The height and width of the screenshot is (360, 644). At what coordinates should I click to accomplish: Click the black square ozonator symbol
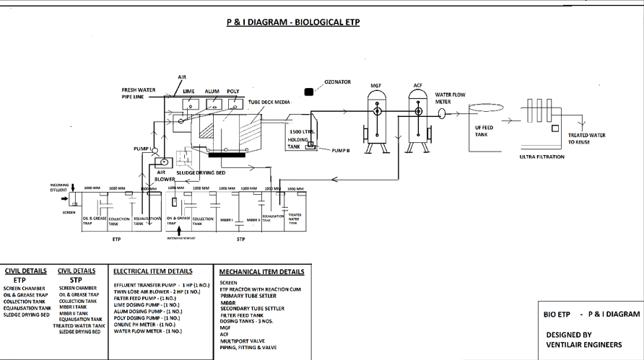click(309, 92)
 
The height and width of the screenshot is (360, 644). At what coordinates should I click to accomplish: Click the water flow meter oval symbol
click(440, 113)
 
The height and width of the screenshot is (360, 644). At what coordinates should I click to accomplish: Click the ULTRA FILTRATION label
click(541, 157)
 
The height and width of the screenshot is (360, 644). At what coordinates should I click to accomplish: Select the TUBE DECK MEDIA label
click(269, 102)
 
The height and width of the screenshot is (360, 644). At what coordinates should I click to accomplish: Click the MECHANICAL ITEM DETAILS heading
click(261, 272)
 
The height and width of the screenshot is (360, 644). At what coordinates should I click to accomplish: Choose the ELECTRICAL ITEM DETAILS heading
click(152, 271)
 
